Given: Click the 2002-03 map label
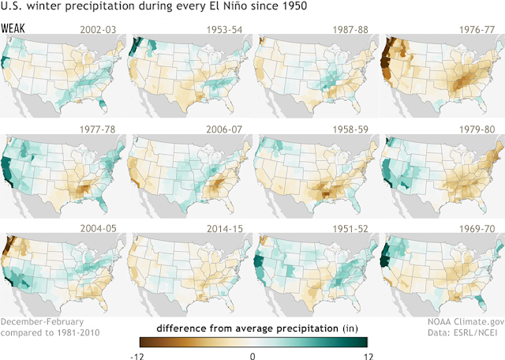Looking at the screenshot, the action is point(98,30).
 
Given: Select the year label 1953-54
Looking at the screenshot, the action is point(224,30).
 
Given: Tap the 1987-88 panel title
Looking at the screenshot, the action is point(350,30).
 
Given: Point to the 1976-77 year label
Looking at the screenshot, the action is point(477,30).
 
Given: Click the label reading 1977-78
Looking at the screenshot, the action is point(98,129).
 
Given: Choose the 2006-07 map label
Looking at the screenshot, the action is point(224,129).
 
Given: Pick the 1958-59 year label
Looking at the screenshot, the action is point(350,129).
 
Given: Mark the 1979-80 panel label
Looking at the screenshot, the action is point(477,129).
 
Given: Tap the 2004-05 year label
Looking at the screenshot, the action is point(98,228).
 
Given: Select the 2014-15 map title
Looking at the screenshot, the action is point(224,228).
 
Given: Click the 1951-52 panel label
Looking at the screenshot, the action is point(350,228).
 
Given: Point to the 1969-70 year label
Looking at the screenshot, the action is point(477,228).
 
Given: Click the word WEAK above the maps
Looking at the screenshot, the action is point(13,28).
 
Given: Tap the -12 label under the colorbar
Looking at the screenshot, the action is point(137,357).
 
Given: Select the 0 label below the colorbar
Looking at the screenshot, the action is point(252,356).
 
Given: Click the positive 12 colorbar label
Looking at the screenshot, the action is point(368,357).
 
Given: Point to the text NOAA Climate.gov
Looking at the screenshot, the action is point(466,322).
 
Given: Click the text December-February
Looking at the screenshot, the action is point(42,322).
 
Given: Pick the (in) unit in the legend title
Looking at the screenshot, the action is point(350,328).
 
